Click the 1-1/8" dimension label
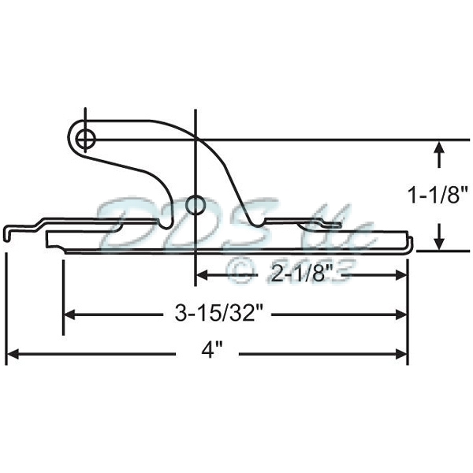[438, 193]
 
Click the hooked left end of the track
[8, 233]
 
